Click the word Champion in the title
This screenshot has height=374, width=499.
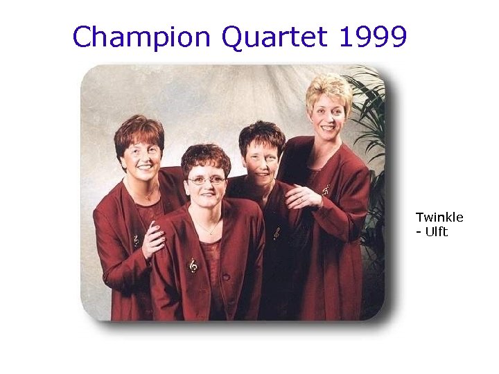(x=143, y=37)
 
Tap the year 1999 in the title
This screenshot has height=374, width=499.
(x=373, y=37)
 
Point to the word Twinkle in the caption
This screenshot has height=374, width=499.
(x=439, y=217)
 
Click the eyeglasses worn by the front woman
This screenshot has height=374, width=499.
(x=206, y=180)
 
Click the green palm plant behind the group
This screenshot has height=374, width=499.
(x=367, y=111)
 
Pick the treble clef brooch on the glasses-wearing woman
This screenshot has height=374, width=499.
(x=193, y=265)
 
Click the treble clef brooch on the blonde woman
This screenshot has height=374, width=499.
(x=326, y=188)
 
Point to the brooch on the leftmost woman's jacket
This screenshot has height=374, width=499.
(x=136, y=240)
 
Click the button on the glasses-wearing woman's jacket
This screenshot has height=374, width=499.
(x=226, y=276)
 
